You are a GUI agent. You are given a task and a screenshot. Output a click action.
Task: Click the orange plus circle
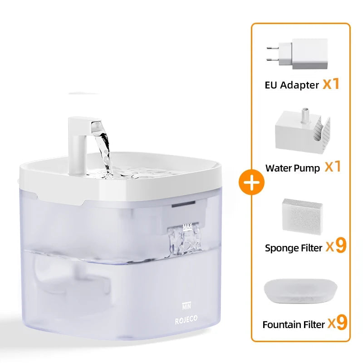252,182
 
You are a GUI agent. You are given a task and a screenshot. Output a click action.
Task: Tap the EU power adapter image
297,54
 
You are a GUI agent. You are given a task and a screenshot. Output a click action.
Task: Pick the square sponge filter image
302,216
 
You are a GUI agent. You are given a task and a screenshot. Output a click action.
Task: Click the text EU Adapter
292,85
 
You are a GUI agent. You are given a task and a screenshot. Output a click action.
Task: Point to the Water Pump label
293,168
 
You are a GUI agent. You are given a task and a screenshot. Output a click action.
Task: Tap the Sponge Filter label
294,248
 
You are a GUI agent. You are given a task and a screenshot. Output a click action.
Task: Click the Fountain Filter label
294,324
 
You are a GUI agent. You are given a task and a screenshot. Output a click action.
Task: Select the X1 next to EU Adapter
331,83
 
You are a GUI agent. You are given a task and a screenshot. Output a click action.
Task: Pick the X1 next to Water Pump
333,166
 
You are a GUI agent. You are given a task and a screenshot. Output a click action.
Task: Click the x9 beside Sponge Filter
336,245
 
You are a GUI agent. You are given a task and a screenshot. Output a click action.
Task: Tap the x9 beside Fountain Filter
338,322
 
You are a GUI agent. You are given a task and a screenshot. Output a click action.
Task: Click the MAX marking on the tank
187,226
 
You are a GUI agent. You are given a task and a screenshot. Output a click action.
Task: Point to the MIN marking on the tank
186,306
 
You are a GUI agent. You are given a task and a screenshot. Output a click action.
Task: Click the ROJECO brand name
186,320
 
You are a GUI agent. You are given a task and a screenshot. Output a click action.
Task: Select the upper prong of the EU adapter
273,48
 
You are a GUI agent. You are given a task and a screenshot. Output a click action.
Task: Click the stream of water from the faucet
103,151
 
